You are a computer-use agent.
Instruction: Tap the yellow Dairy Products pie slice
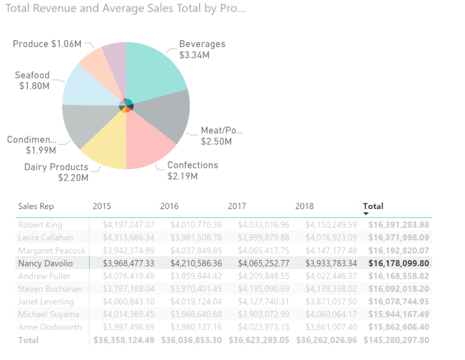[107, 143]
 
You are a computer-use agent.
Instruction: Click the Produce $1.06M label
[47, 44]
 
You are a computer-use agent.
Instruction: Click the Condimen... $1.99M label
[32, 145]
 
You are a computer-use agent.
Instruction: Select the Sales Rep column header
[36, 206]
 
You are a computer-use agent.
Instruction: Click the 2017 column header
[237, 206]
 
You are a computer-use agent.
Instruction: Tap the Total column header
[373, 206]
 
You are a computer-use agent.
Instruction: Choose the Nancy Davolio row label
[45, 263]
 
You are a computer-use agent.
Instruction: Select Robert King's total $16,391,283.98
[398, 225]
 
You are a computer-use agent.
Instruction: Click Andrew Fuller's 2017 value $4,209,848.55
[263, 276]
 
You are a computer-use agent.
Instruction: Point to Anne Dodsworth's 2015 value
[129, 327]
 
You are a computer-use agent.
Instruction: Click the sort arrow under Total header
[366, 214]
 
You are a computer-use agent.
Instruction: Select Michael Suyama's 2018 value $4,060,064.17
[331, 314]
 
